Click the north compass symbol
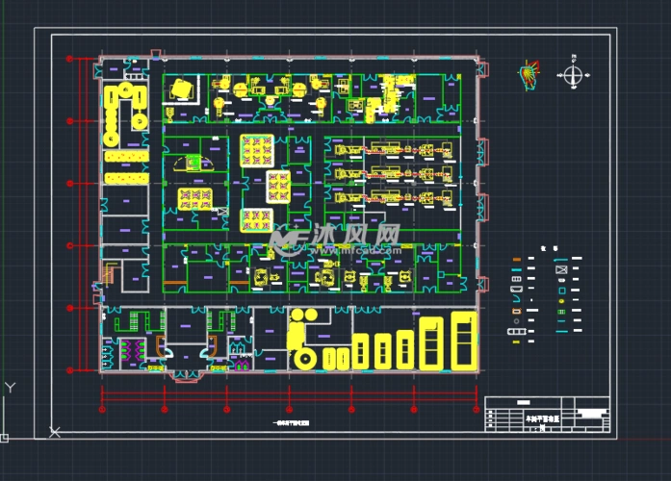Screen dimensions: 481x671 pos(573,75)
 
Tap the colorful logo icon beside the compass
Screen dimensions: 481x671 pos(529,74)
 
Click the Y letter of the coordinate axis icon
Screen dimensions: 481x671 pos(10,387)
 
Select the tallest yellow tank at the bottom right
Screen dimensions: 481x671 pos(465,342)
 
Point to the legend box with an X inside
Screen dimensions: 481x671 pos(561,270)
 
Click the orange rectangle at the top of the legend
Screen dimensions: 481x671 pos(517,260)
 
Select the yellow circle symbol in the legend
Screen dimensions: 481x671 pos(561,309)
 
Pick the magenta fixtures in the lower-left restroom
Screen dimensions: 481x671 pos(128,348)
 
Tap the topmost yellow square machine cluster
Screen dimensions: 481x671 pos(257,150)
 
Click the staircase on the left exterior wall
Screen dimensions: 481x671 pos(109,276)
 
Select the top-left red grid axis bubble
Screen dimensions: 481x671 pos(69,60)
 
